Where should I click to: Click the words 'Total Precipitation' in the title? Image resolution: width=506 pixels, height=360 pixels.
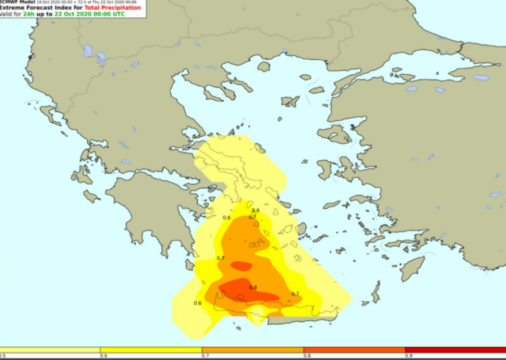[x=112, y=7]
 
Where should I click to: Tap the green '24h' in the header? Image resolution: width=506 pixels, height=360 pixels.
[x=29, y=13]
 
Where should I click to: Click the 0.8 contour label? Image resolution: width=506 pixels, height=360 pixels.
[x=253, y=287]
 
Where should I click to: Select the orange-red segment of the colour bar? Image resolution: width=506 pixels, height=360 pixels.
[x=354, y=350]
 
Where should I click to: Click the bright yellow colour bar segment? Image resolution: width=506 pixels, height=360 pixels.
[x=151, y=350]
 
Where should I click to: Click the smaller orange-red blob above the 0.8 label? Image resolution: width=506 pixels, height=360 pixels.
[x=241, y=266]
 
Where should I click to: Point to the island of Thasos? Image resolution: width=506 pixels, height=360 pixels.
[x=263, y=67]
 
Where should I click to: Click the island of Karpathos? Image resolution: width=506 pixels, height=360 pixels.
[x=375, y=292]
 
